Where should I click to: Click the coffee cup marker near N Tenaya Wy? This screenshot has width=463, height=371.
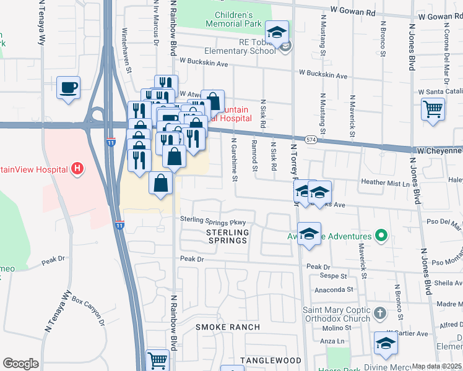coord(68,87)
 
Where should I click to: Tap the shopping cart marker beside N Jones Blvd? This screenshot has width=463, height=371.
coord(433,109)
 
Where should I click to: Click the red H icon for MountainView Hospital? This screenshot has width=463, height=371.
coord(77,168)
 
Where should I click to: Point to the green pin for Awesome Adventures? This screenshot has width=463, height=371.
coord(382,236)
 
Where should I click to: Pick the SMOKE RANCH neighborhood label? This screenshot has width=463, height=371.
coord(227,326)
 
